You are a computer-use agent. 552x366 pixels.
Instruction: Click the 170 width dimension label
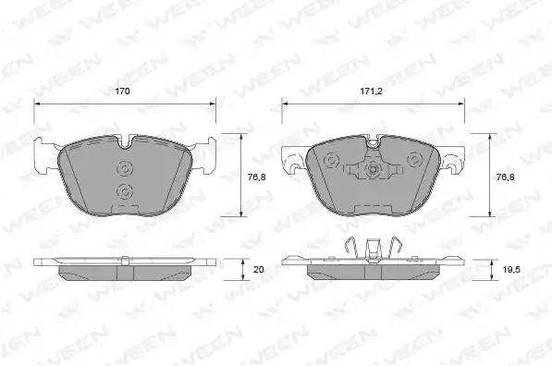coord(122,91)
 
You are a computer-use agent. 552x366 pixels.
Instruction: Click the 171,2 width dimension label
coord(371,91)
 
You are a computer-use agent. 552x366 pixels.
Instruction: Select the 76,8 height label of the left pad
coord(257,177)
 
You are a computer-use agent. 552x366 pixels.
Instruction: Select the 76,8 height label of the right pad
coord(505,177)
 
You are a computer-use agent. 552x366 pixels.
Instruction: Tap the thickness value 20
coord(258,270)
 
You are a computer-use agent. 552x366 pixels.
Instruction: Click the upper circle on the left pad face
coord(125,168)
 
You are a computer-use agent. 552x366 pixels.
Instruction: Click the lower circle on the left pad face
coord(125,191)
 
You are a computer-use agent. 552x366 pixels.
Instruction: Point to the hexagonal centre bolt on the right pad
coord(373,170)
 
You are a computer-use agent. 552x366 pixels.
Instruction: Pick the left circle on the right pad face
coord(331,161)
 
